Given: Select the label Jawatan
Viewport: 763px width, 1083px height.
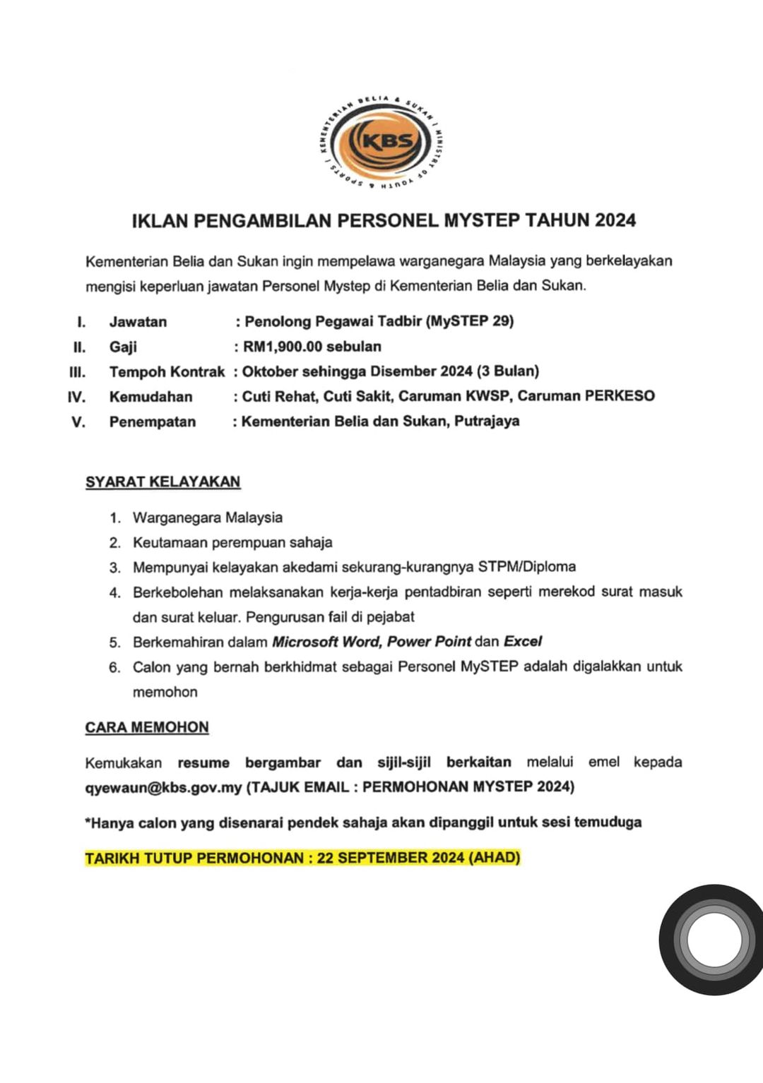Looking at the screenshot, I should [138, 322].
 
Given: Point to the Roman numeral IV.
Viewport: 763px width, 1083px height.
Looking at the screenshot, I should [76, 397].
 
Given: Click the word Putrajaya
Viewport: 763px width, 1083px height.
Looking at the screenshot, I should [487, 421].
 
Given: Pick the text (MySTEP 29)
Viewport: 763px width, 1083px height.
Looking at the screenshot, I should [470, 321].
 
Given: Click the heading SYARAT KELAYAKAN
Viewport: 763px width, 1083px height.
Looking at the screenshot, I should [162, 481].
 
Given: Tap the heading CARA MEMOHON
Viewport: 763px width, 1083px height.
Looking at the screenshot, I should [147, 727].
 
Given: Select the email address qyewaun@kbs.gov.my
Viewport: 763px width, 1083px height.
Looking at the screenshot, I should [163, 786].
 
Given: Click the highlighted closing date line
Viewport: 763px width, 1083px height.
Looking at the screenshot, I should [302, 858].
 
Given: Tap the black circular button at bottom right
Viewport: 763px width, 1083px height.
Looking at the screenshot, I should [714, 940].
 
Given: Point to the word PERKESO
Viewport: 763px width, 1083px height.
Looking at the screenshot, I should [620, 396].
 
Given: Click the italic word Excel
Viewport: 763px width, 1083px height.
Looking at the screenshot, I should [523, 642].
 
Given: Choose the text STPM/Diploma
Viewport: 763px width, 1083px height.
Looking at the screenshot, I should [526, 566].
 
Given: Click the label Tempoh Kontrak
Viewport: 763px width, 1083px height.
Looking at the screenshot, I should [167, 371].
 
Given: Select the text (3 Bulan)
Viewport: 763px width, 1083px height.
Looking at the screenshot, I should [508, 371].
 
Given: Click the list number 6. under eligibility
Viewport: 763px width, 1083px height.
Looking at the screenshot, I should [114, 667].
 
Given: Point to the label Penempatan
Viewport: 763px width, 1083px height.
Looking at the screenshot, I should [152, 422].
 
